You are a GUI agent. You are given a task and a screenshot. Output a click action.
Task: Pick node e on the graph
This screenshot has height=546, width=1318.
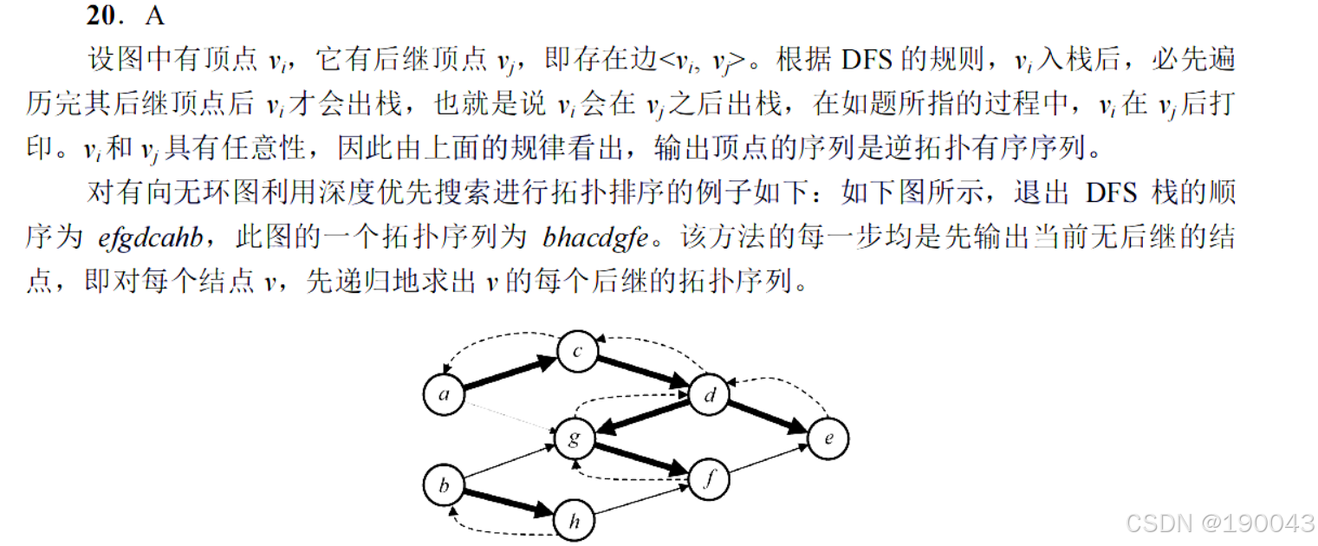828,439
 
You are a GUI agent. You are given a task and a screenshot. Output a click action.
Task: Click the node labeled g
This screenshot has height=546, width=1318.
573,439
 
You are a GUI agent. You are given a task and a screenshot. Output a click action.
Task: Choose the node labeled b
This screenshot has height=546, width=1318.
444,484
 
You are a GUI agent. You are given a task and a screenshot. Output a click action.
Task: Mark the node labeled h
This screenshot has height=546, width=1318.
574,521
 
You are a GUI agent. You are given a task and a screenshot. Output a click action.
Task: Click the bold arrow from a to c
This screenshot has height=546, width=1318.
510,374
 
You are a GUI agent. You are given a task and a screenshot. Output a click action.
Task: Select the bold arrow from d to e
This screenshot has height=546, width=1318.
769,418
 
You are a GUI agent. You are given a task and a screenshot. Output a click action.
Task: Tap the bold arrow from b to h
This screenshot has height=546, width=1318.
509,503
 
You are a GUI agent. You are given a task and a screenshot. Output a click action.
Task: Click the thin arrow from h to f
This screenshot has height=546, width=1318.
641,501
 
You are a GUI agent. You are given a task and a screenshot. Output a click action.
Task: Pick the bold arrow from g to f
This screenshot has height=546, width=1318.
640,460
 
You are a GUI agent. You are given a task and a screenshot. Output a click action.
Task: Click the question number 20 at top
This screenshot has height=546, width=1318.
105,16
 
